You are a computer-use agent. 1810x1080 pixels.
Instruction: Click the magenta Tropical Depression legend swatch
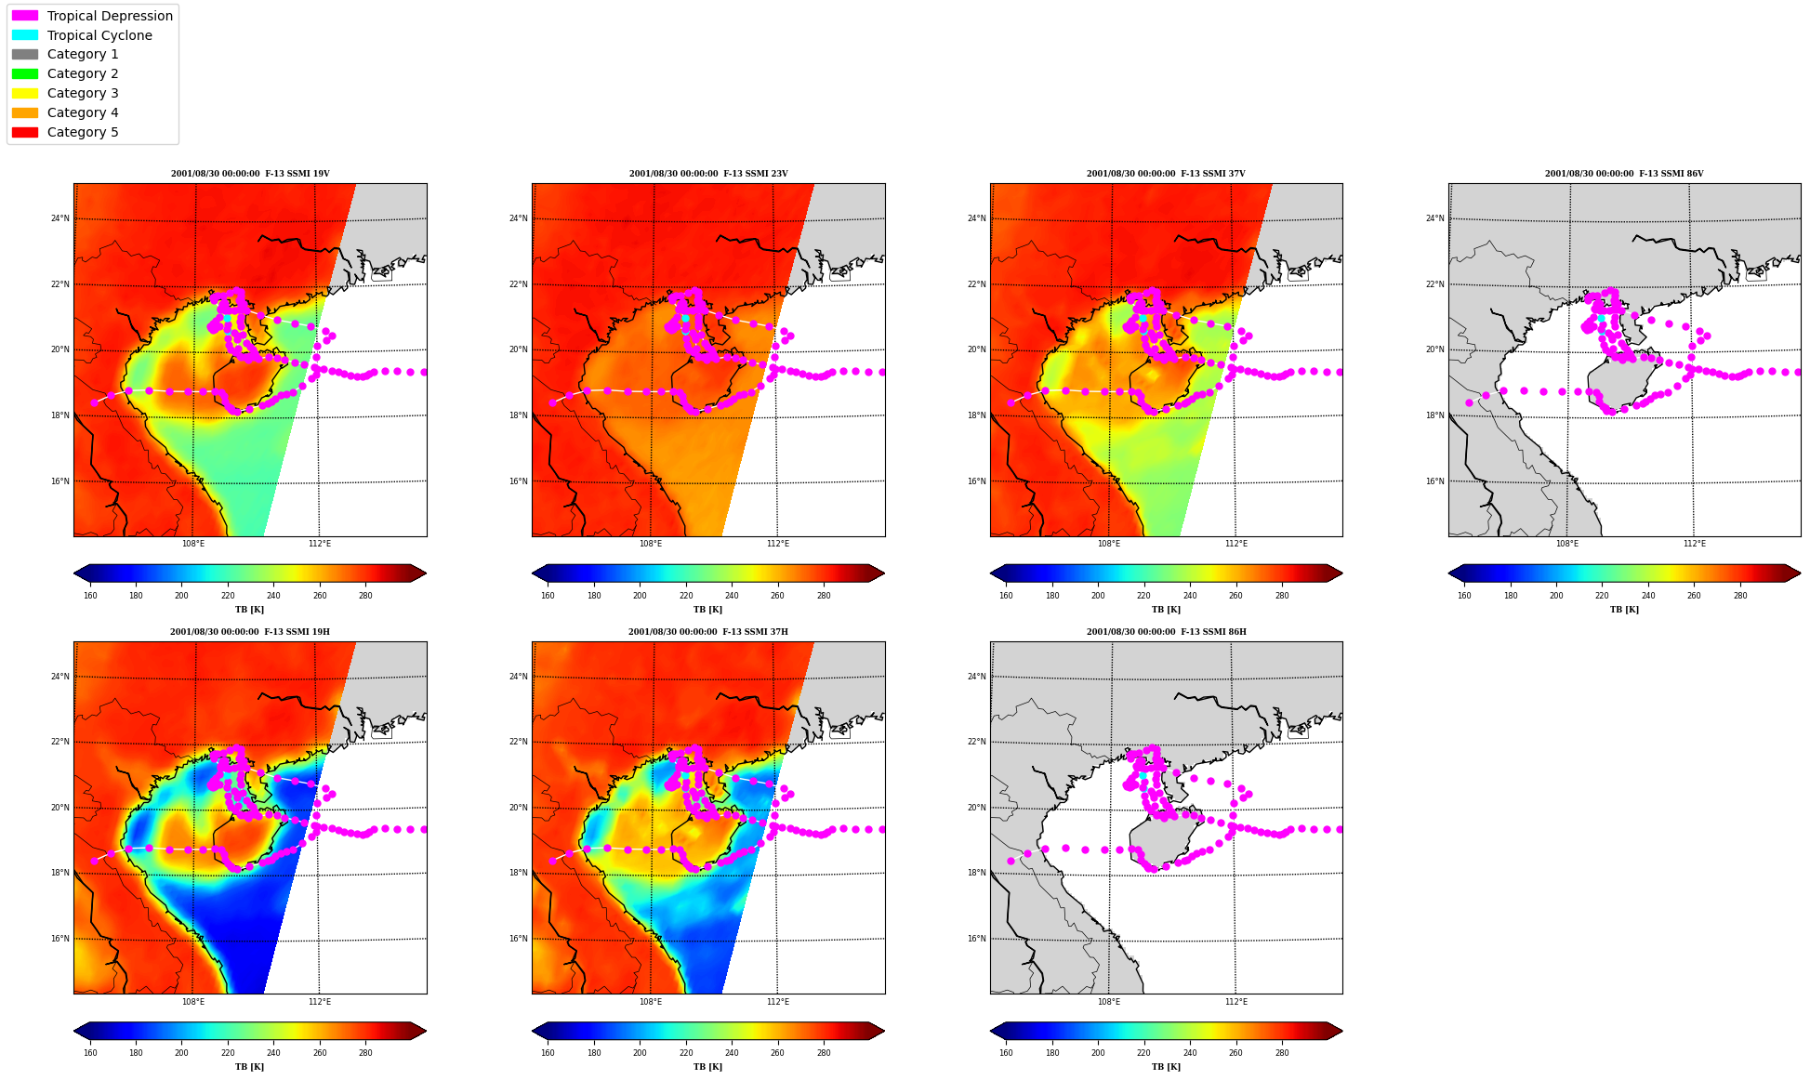click(25, 16)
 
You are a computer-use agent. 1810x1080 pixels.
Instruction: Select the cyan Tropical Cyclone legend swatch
click(25, 35)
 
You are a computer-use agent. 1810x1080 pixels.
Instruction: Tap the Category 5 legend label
click(83, 132)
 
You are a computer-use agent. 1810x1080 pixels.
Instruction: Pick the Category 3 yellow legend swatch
click(25, 93)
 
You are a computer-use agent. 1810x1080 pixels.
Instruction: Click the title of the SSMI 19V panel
click(250, 174)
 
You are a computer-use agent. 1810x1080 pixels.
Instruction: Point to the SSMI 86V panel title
click(1624, 174)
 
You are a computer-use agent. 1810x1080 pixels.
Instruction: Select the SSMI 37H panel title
click(708, 632)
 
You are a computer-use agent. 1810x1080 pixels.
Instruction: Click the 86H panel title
click(1167, 632)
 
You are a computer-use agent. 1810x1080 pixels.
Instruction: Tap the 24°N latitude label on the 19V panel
click(60, 219)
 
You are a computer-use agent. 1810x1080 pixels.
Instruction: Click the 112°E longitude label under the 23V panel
click(778, 544)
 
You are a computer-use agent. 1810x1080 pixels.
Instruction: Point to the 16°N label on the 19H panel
click(60, 939)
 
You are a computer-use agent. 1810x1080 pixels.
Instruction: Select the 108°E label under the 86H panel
click(1109, 1002)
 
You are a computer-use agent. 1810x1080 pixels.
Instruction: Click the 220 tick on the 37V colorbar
click(1143, 596)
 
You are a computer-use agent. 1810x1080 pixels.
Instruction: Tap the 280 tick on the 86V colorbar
click(1740, 596)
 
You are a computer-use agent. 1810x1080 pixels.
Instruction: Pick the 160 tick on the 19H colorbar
click(90, 1053)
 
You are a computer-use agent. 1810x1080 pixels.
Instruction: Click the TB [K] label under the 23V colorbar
click(707, 610)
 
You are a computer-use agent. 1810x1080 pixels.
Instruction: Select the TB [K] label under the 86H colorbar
click(1166, 1067)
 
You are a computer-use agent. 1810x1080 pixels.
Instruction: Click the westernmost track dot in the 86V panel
click(1469, 403)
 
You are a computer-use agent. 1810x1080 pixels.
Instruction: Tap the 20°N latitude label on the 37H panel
click(519, 808)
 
